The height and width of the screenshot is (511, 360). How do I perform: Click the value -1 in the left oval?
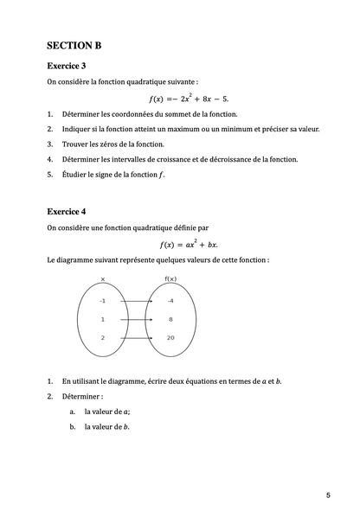tap(102, 301)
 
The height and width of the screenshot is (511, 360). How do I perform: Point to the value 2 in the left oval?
tap(102, 337)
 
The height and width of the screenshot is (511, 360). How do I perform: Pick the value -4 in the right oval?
tap(170, 301)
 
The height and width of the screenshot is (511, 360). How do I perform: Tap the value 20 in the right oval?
tap(170, 337)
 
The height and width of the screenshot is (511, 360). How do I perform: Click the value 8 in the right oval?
tap(170, 319)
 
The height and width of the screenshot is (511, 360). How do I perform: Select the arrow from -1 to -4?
tap(136, 301)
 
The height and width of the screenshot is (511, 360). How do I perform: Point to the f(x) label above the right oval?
tap(170, 279)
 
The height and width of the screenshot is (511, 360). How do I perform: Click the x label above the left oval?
tap(102, 279)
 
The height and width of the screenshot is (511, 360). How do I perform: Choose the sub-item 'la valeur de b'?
tap(106, 426)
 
